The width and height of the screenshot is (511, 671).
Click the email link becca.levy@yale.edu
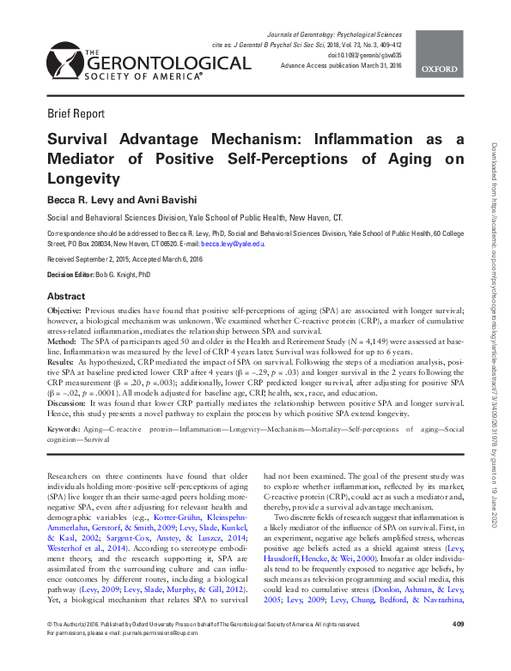pos(237,244)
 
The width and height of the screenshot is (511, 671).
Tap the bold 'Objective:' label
pos(65,310)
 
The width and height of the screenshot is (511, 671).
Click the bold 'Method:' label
pos(62,341)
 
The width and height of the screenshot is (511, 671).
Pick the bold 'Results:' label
pos(62,361)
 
